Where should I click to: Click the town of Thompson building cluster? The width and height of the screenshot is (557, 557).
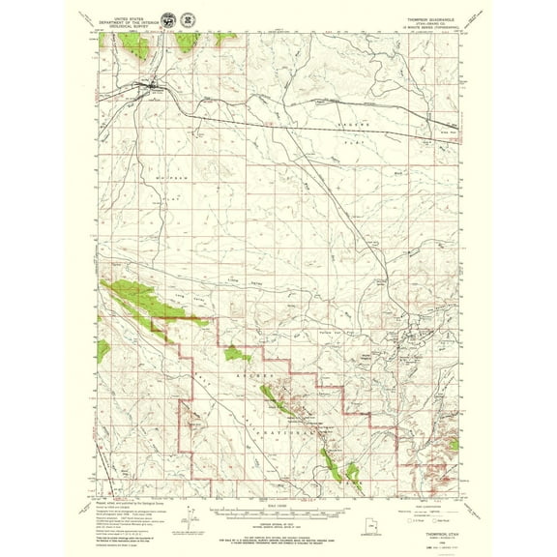tap(153, 92)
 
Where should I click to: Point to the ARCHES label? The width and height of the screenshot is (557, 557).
tap(257, 371)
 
